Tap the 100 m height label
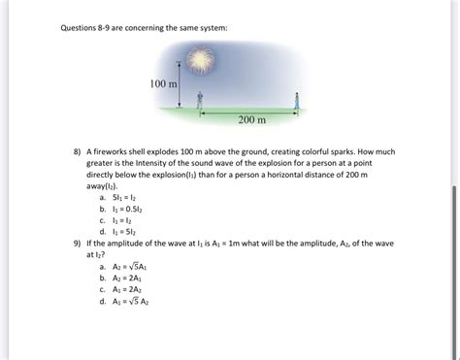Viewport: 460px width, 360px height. (164, 85)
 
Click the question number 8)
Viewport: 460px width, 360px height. (77, 153)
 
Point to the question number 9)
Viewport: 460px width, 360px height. (77, 244)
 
